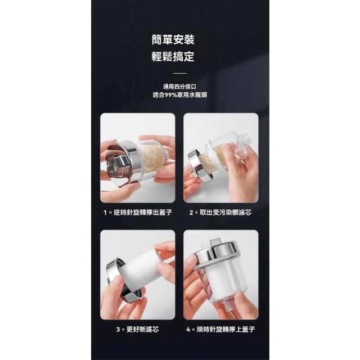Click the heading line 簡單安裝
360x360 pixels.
(173, 40)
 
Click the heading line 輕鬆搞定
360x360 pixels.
(173, 56)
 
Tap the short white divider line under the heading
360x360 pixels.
(180, 74)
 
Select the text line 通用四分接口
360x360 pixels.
(180, 87)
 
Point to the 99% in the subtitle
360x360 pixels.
(171, 95)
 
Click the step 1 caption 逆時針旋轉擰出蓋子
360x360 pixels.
(143, 213)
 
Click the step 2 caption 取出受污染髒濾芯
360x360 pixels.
(226, 213)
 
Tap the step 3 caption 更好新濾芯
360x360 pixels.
(142, 330)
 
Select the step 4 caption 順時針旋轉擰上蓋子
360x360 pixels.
(226, 330)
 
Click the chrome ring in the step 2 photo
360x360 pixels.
(199, 165)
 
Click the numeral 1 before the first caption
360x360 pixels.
(105, 213)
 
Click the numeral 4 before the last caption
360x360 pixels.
(188, 330)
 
